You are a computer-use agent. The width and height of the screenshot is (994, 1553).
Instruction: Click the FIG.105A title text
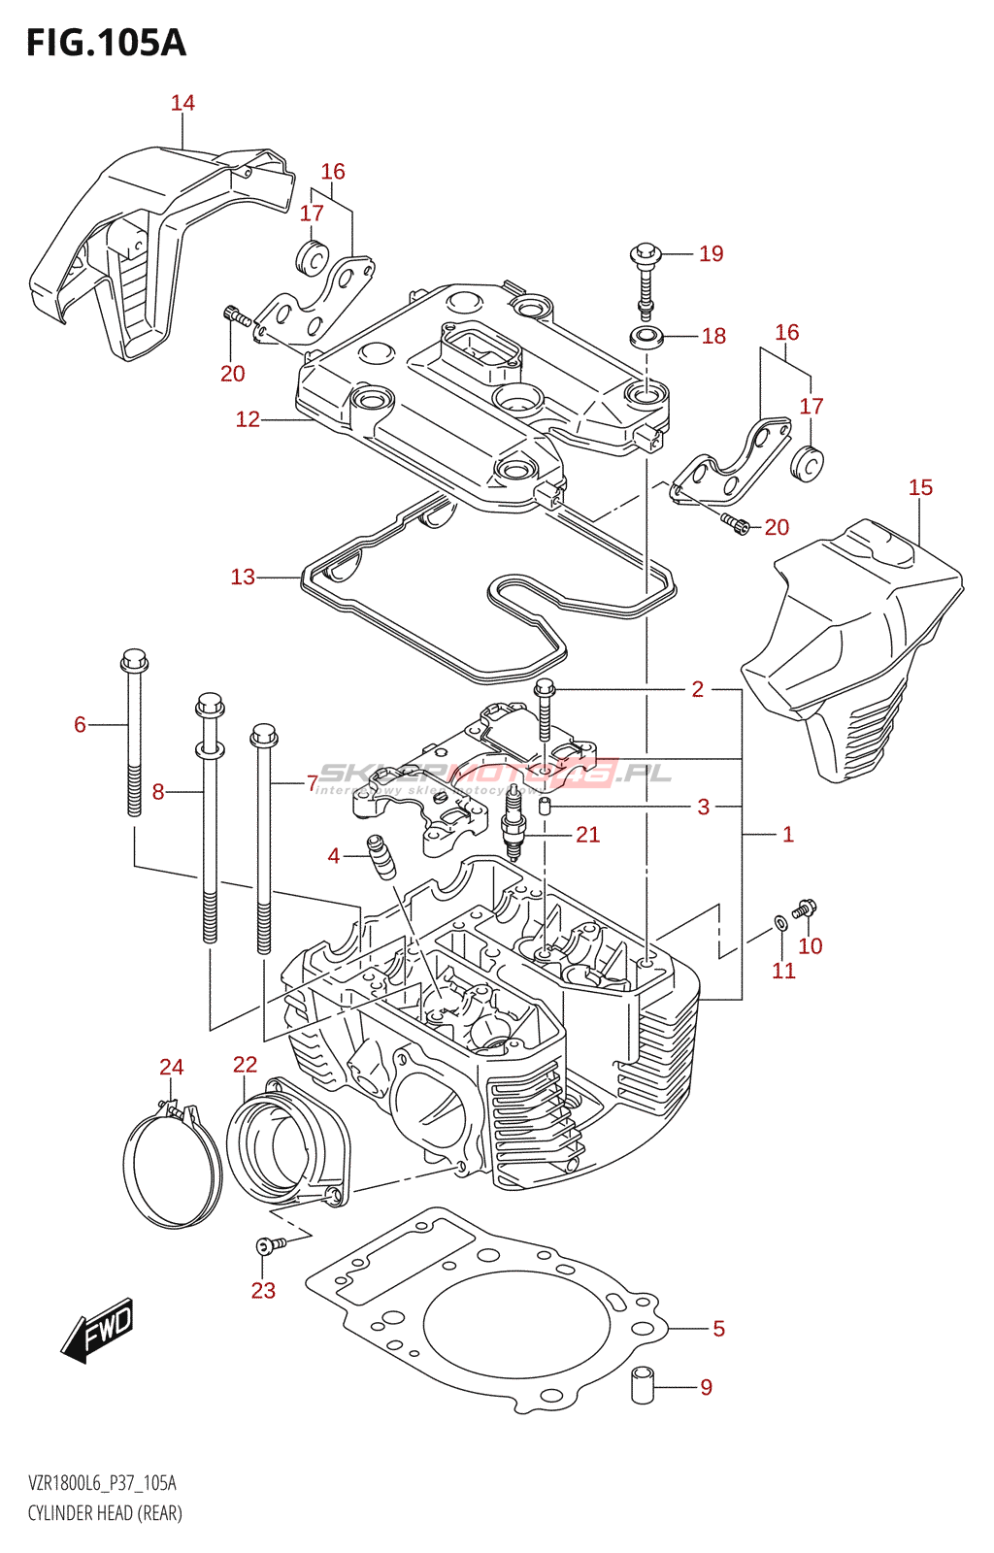click(x=106, y=43)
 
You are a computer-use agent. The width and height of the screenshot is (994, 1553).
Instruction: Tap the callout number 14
click(x=182, y=103)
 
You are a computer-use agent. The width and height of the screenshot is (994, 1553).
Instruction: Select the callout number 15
click(x=920, y=487)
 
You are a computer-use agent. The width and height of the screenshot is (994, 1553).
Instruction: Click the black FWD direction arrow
click(x=98, y=1328)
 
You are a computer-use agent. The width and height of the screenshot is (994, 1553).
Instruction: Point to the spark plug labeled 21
click(x=514, y=834)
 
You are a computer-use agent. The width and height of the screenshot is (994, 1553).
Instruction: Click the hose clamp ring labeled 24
click(x=172, y=1165)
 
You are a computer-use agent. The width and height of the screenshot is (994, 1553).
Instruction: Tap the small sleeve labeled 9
click(x=643, y=1384)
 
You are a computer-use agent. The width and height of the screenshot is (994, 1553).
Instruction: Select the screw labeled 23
click(x=267, y=1244)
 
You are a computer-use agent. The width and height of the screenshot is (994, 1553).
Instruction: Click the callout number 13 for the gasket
click(x=243, y=578)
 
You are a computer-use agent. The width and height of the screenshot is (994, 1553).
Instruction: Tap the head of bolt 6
click(x=134, y=662)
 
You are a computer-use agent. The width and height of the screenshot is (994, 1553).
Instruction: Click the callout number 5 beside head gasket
click(x=718, y=1329)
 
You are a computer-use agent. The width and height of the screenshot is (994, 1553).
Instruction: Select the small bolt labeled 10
click(x=805, y=909)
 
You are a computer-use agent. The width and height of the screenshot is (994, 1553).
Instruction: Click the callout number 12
click(x=248, y=419)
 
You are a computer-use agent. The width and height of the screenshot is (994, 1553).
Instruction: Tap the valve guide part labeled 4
click(x=381, y=855)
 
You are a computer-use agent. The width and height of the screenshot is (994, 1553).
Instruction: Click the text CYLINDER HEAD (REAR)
click(x=105, y=1513)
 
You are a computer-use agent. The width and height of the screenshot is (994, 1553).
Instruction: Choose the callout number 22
click(x=245, y=1065)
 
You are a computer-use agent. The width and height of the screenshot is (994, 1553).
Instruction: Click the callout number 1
click(x=788, y=834)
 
